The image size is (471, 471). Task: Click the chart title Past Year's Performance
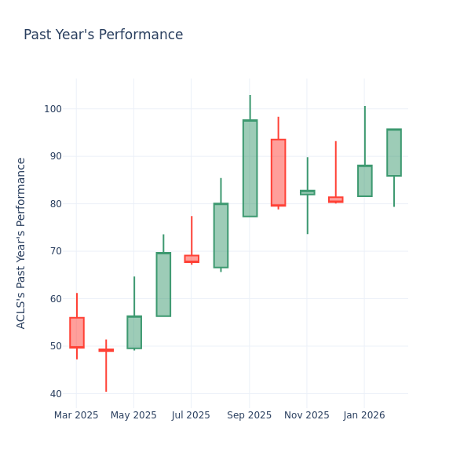pyautogui.click(x=103, y=35)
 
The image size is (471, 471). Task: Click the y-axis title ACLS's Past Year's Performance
pyautogui.click(x=21, y=243)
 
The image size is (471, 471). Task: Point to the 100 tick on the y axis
pyautogui.click(x=54, y=109)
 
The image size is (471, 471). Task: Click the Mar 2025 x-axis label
pyautogui.click(x=76, y=414)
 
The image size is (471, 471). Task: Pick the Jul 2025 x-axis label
pyautogui.click(x=191, y=414)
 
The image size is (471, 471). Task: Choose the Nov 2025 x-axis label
pyautogui.click(x=306, y=414)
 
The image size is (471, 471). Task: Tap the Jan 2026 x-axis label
pyautogui.click(x=364, y=414)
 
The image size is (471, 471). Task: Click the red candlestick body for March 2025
pyautogui.click(x=76, y=332)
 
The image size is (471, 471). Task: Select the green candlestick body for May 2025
pyautogui.click(x=134, y=332)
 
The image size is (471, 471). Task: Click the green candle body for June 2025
pyautogui.click(x=163, y=284)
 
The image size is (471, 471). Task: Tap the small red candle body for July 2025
pyautogui.click(x=192, y=258)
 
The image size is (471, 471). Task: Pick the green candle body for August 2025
pyautogui.click(x=221, y=235)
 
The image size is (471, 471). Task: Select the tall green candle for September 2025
pyautogui.click(x=250, y=168)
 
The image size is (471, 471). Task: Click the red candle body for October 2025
pyautogui.click(x=278, y=173)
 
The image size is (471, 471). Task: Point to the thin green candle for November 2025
pyautogui.click(x=307, y=192)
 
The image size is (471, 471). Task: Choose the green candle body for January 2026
pyautogui.click(x=365, y=181)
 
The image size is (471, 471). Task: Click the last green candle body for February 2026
pyautogui.click(x=394, y=152)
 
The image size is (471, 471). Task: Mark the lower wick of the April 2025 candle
pyautogui.click(x=106, y=373)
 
